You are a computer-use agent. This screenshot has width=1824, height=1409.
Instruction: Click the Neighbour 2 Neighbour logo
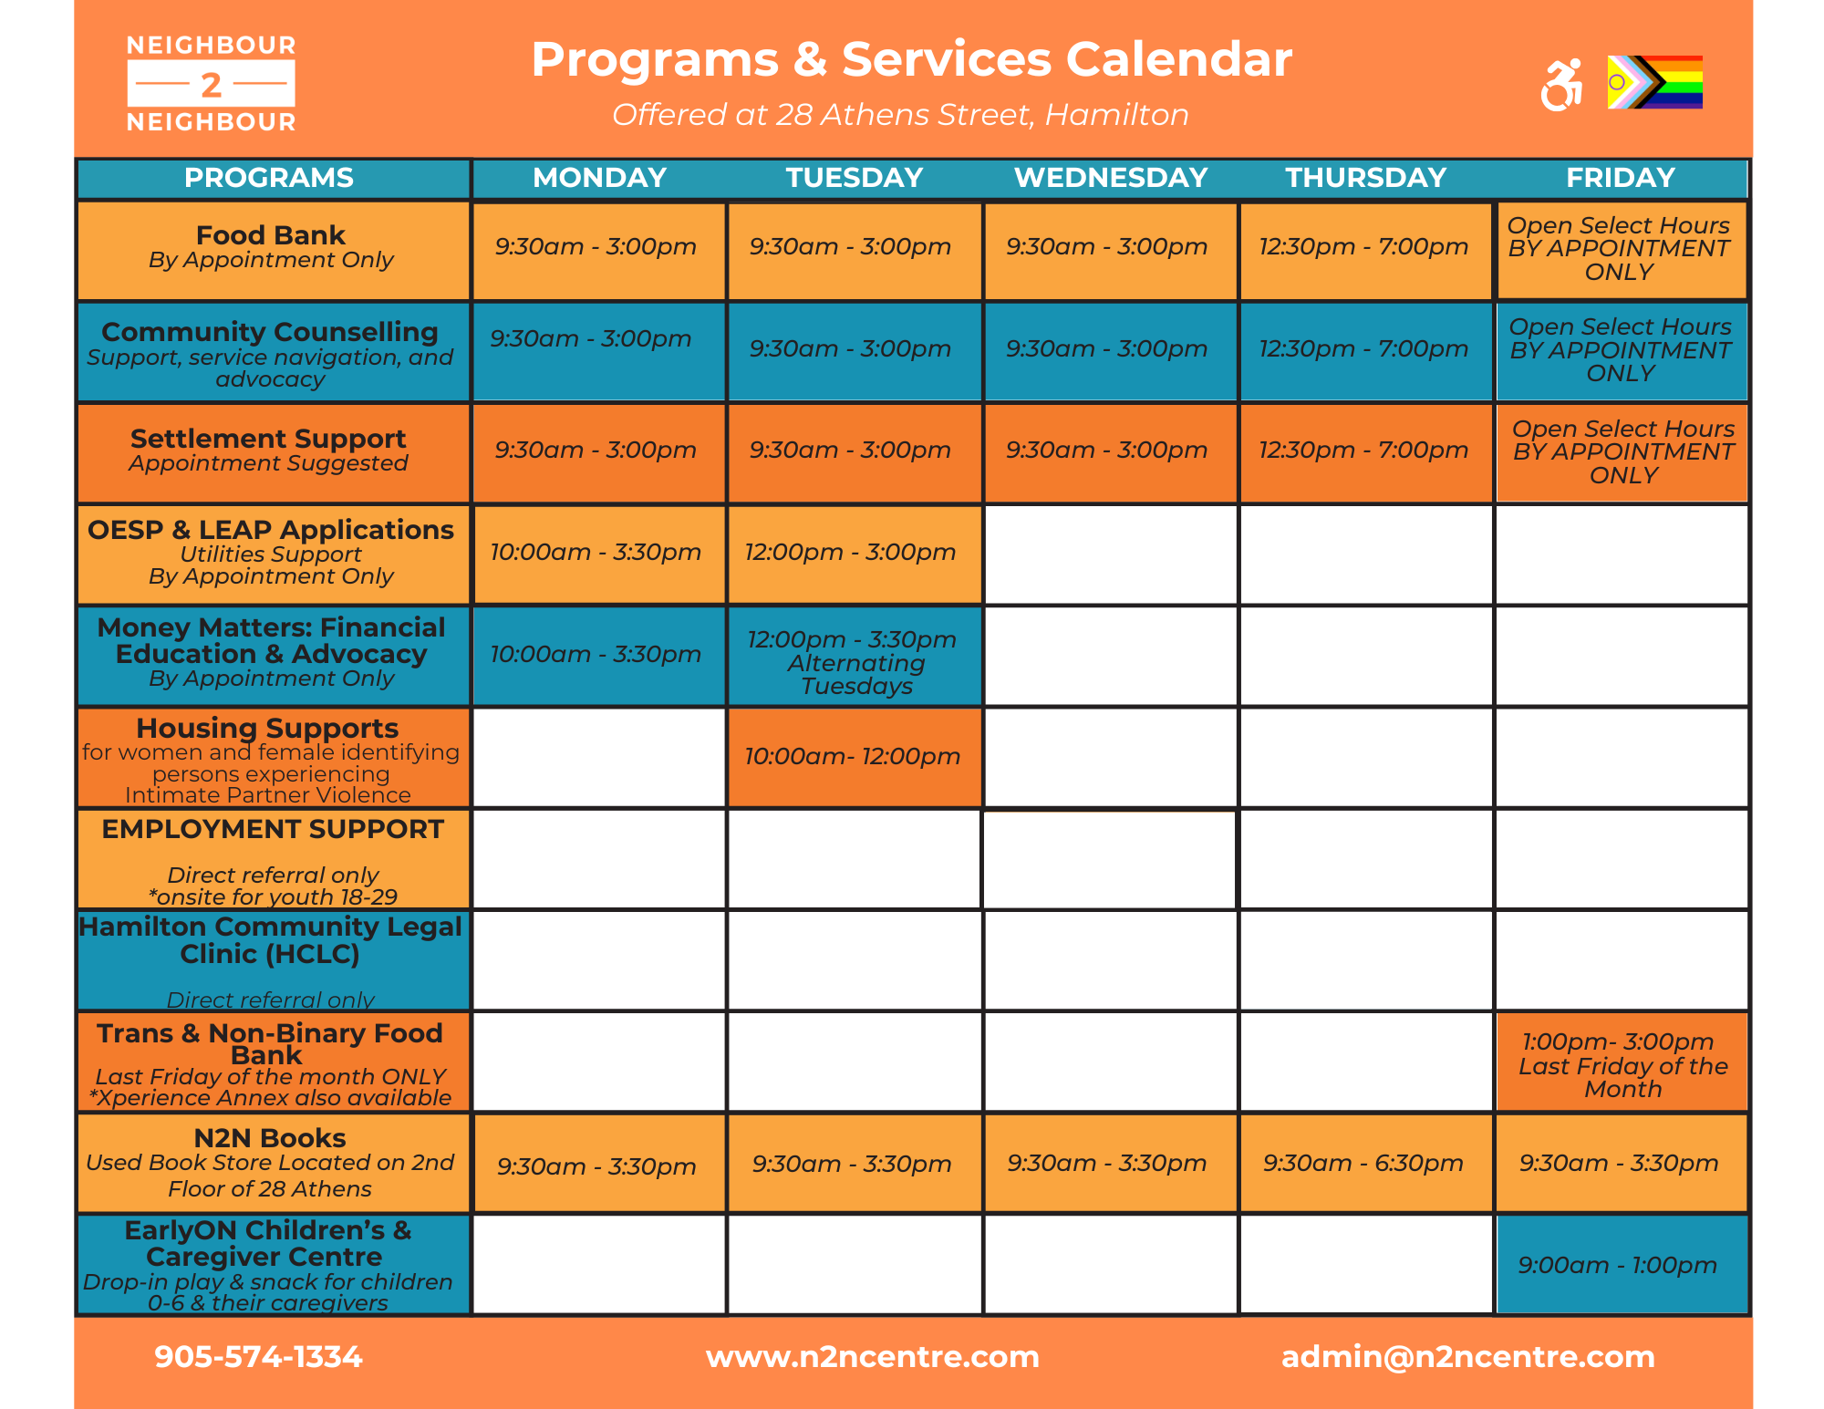pyautogui.click(x=211, y=84)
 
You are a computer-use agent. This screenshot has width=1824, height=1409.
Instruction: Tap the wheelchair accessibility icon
pyautogui.click(x=1560, y=85)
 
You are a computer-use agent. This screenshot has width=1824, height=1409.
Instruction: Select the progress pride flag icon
pyautogui.click(x=1654, y=82)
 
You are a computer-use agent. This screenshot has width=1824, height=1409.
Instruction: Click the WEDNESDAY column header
pyautogui.click(x=1111, y=178)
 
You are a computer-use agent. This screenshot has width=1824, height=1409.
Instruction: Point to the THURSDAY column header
pyautogui.click(x=1365, y=178)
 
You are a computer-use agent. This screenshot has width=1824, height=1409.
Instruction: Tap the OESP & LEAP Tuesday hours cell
pyautogui.click(x=851, y=553)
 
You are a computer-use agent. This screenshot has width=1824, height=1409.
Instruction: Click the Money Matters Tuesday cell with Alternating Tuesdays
pyautogui.click(x=854, y=662)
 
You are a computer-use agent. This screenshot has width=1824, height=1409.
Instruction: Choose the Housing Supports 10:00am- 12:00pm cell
pyautogui.click(x=853, y=757)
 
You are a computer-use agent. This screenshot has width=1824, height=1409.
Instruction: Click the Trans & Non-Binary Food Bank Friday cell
pyautogui.click(x=1622, y=1064)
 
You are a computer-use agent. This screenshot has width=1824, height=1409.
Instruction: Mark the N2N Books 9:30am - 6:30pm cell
pyautogui.click(x=1363, y=1164)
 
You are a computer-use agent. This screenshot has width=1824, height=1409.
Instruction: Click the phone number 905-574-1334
pyautogui.click(x=259, y=1357)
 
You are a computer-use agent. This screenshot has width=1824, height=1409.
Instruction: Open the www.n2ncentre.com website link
pyautogui.click(x=873, y=1357)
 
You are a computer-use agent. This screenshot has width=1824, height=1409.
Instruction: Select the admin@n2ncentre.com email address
pyautogui.click(x=1467, y=1357)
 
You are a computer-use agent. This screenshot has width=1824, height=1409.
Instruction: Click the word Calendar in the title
pyautogui.click(x=1179, y=60)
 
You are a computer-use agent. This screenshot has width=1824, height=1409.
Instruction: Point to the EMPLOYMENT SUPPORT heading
pyautogui.click(x=273, y=829)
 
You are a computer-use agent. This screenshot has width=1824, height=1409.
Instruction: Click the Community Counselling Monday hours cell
pyautogui.click(x=591, y=339)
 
